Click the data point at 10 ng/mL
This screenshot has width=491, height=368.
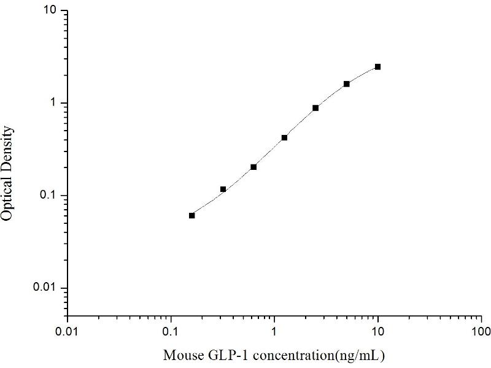[x=377, y=67]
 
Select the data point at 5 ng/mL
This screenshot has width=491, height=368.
[x=347, y=84]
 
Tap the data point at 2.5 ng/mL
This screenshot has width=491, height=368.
[x=315, y=108]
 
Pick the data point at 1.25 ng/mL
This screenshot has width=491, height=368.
[x=284, y=138]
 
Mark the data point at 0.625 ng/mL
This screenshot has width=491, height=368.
[x=253, y=167]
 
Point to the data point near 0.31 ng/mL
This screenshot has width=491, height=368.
[x=223, y=189]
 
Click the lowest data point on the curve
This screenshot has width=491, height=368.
[x=192, y=215]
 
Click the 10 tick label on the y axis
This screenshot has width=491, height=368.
[x=52, y=11]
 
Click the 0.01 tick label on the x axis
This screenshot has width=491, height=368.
[x=68, y=332]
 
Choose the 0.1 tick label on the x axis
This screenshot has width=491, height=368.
[x=171, y=332]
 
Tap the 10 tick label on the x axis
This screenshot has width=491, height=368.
[x=378, y=332]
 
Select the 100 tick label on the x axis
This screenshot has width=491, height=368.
[x=481, y=332]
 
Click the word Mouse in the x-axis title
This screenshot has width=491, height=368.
[x=180, y=355]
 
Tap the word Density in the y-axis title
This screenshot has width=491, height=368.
[x=8, y=148]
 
